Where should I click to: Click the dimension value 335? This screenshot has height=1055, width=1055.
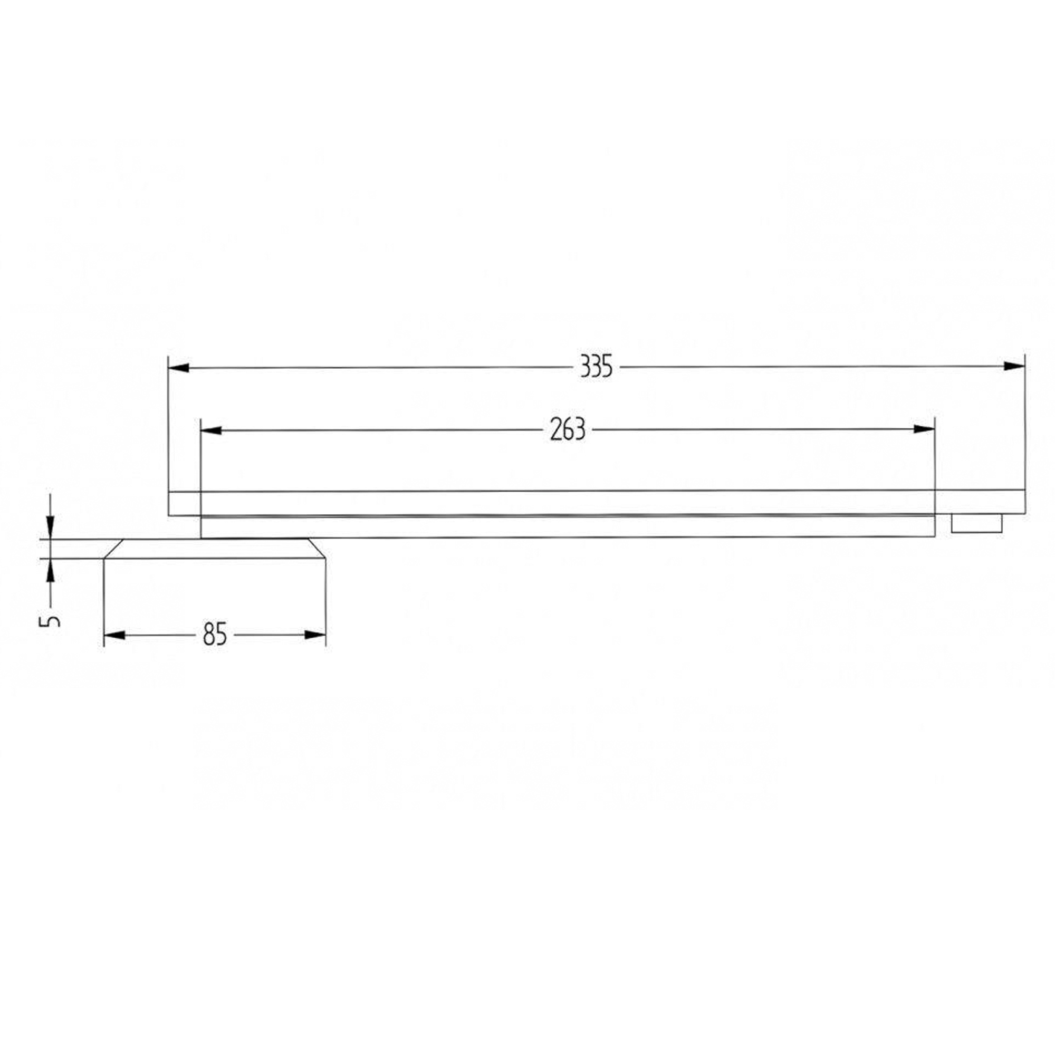[596, 367]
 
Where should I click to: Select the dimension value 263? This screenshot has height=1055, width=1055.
[568, 430]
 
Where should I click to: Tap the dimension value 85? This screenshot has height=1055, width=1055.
[215, 635]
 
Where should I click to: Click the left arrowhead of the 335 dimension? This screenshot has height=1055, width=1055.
[179, 368]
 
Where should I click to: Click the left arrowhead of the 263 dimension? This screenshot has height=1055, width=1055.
[212, 430]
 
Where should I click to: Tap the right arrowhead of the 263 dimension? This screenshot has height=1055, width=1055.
[925, 429]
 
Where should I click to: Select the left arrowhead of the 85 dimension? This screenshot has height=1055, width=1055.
[114, 635]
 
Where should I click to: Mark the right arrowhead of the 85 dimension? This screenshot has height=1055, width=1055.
[315, 635]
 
